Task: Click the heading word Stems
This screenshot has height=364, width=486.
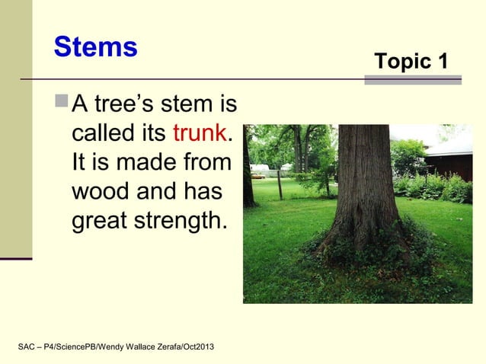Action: click(95, 47)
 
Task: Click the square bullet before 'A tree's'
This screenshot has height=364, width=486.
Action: click(62, 103)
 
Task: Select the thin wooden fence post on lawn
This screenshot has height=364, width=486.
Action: click(280, 184)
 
